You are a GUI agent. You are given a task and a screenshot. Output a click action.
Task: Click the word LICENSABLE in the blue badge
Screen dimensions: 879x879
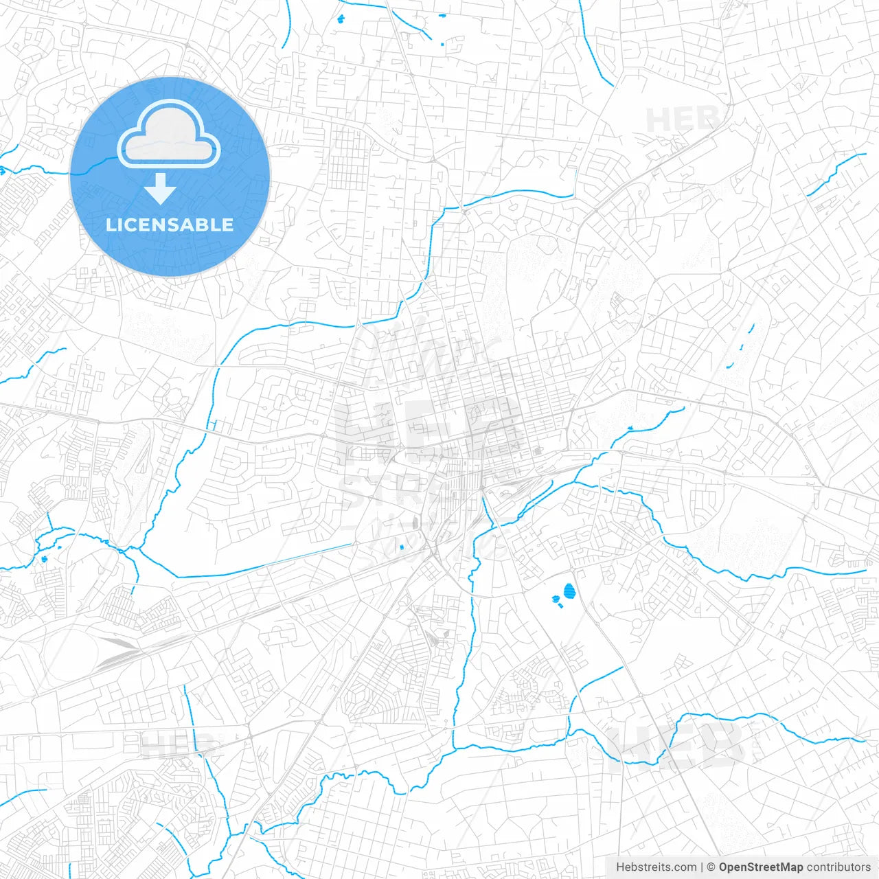click(170, 225)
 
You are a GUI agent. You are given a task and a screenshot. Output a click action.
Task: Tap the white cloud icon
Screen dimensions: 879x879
click(169, 135)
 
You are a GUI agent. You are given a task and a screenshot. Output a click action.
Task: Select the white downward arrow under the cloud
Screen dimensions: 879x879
click(161, 189)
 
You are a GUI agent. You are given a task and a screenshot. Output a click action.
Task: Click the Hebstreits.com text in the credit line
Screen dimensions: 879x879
click(657, 867)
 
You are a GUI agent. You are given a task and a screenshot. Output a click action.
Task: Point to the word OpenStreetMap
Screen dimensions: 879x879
click(761, 867)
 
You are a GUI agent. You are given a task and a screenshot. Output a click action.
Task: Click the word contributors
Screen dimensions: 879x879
click(838, 867)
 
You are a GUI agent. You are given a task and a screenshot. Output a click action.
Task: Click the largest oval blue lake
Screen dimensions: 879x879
click(569, 590)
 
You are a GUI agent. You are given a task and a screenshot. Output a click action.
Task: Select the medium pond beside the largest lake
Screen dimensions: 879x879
click(556, 599)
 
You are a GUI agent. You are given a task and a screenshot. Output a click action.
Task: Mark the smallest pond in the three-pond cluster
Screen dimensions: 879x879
click(560, 606)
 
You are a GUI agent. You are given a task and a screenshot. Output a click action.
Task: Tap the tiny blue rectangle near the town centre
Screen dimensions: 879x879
click(402, 547)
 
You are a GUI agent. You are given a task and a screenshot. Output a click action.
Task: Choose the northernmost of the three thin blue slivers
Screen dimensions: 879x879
click(752, 328)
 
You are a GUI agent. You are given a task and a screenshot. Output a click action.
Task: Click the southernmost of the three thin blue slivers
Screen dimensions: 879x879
click(729, 365)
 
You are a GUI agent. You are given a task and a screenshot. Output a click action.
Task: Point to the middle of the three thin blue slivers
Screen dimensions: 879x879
click(742, 347)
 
